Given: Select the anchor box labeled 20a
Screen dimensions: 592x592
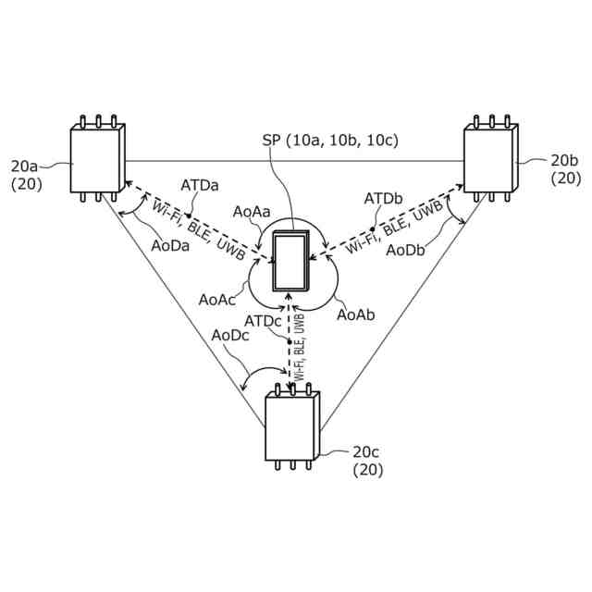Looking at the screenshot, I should coord(97,159).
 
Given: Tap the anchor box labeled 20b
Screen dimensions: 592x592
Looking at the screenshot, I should coord(490,159).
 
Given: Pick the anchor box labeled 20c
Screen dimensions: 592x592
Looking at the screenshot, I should coord(292,425).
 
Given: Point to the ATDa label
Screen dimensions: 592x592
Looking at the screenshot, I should coord(200,185).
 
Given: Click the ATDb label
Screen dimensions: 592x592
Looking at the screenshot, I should coord(383,199).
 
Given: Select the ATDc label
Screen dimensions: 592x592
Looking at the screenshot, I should coord(263,320).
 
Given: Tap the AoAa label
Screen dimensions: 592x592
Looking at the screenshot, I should coord(252,212).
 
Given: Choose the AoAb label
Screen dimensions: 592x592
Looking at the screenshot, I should coord(355,314).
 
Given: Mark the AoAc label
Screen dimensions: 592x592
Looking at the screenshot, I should coord(216,300).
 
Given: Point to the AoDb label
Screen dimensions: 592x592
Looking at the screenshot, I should coord(406,251).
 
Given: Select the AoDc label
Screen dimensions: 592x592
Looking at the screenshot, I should coord(230,335).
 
